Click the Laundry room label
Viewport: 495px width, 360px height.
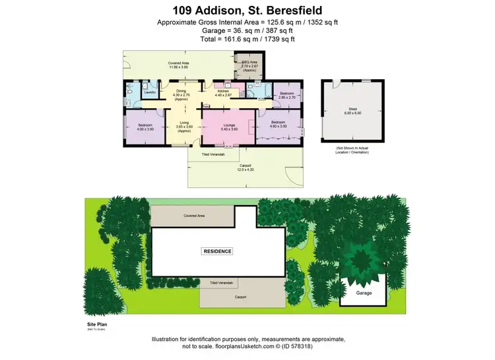[x=150, y=93]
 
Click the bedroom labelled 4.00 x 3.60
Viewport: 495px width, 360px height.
[x=145, y=127]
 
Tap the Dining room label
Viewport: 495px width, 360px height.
[x=181, y=94]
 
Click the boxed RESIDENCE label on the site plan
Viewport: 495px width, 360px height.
[x=217, y=252]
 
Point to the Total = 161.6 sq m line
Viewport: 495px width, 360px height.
[x=247, y=40]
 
